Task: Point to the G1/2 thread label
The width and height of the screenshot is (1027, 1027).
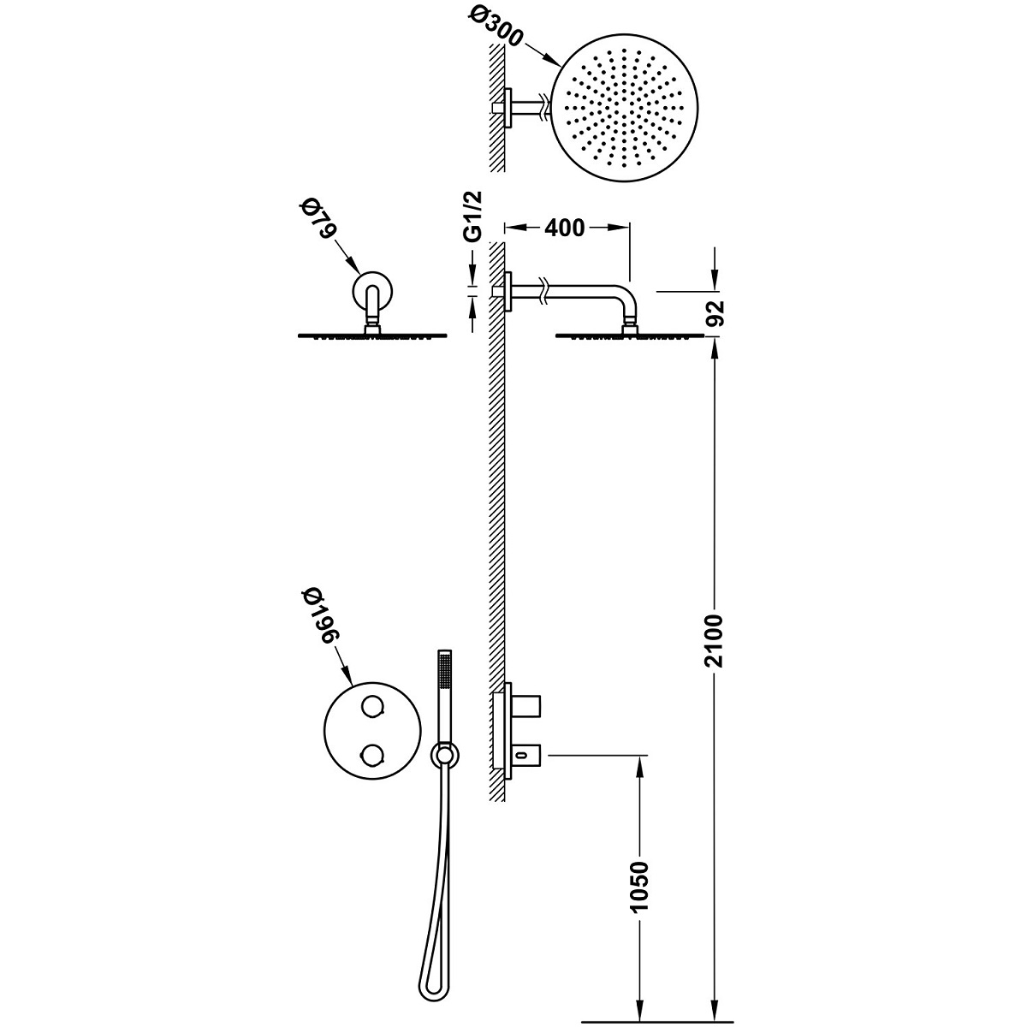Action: click(x=476, y=217)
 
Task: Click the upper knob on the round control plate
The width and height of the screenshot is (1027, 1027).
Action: click(x=373, y=707)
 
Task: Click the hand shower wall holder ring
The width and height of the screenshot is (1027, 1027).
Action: click(x=443, y=756)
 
